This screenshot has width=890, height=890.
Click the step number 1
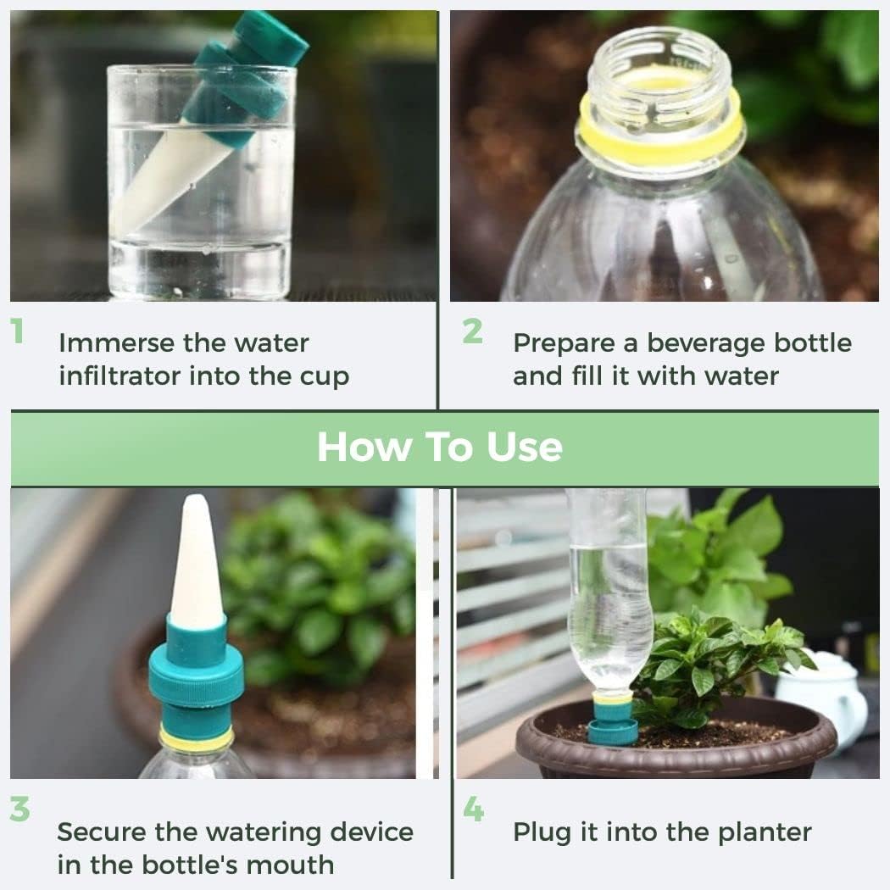(x=17, y=331)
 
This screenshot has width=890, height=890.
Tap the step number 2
(x=472, y=331)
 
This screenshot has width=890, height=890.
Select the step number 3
(x=19, y=809)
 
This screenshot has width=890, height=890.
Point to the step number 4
(x=473, y=809)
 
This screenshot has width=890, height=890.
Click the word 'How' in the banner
(x=356, y=447)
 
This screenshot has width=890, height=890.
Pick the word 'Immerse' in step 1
(x=112, y=343)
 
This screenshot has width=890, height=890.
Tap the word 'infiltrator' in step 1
(x=119, y=375)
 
